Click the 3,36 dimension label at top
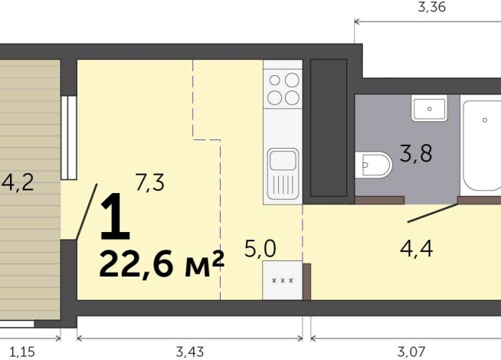[x=431, y=9]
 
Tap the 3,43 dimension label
[x=190, y=352]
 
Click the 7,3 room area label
[x=149, y=182]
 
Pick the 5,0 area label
[x=260, y=248]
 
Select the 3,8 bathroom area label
[x=417, y=153]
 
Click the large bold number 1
[x=115, y=216]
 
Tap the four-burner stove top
[x=283, y=88]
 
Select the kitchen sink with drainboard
[x=283, y=175]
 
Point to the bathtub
[x=483, y=146]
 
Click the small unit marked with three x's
[x=283, y=280]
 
